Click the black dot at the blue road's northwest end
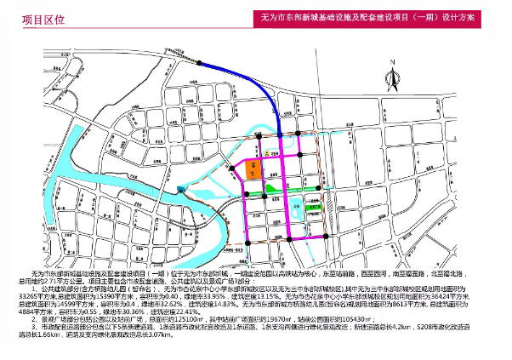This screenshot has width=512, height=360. coord(199,63)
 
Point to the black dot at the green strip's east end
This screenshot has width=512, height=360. coord(318,188)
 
